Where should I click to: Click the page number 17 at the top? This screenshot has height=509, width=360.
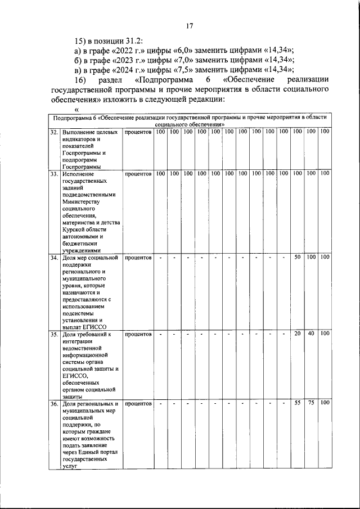(190, 25)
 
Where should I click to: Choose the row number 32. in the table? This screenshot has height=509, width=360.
(54, 132)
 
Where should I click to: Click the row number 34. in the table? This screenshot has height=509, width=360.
(54, 258)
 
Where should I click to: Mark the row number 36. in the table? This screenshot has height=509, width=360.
(54, 403)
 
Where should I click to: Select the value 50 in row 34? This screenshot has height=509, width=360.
(298, 258)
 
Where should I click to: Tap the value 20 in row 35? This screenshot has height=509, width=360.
(298, 335)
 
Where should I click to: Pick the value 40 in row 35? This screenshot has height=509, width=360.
(311, 335)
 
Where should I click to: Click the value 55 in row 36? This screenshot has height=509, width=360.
(298, 403)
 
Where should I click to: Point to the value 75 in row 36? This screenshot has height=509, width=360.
(311, 403)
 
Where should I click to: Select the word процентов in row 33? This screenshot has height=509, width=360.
(138, 174)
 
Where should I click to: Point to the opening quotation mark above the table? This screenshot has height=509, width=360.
(76, 109)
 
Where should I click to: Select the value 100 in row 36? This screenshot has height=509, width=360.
(325, 403)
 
